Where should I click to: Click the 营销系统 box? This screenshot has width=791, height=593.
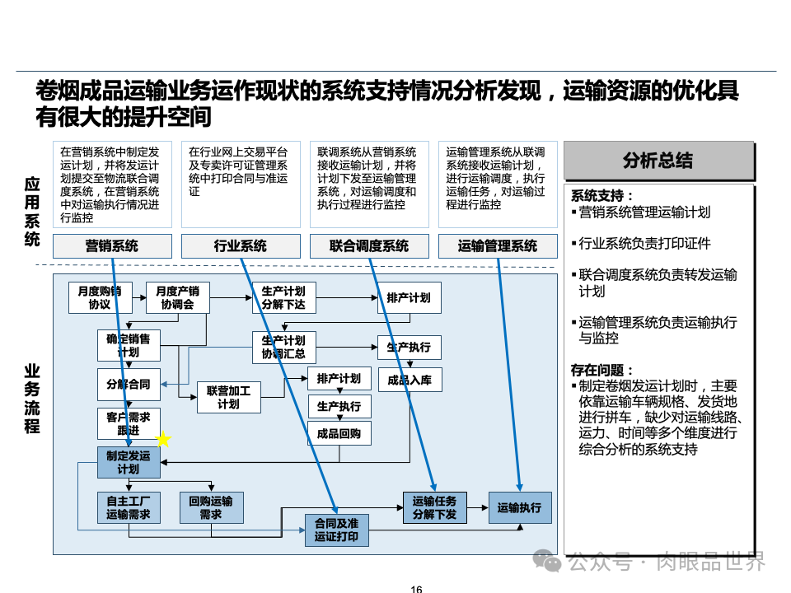click(x=112, y=246)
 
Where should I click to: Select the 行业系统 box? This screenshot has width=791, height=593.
click(x=240, y=246)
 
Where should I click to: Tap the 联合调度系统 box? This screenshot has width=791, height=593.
click(x=368, y=246)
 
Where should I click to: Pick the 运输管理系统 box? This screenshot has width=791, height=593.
click(x=497, y=246)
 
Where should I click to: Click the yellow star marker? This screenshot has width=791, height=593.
click(x=163, y=440)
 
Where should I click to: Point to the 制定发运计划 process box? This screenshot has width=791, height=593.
click(x=128, y=462)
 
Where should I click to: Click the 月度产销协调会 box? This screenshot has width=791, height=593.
click(x=177, y=297)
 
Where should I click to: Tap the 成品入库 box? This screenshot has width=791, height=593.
click(x=410, y=380)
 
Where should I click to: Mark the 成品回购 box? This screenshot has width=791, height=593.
click(x=339, y=433)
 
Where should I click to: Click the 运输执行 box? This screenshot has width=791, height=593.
click(x=519, y=508)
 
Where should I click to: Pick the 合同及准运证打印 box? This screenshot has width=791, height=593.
click(x=336, y=530)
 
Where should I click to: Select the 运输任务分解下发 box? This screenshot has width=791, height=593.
click(x=434, y=507)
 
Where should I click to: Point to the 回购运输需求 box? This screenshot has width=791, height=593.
click(x=211, y=507)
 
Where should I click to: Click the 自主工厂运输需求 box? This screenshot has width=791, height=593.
click(x=128, y=507)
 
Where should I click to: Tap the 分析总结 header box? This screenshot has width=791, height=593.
click(x=658, y=161)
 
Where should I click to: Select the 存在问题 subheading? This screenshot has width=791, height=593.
click(x=602, y=370)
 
